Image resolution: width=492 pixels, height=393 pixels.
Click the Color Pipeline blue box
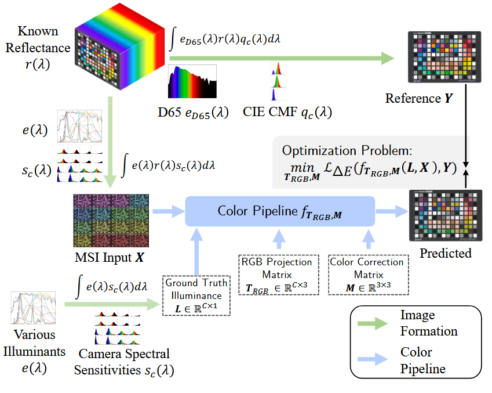tap(280, 211)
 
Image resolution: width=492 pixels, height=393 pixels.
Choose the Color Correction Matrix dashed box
tap(366, 274)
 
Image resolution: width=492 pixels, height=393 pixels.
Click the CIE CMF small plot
tap(277, 85)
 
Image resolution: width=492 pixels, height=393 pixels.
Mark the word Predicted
tap(446, 253)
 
